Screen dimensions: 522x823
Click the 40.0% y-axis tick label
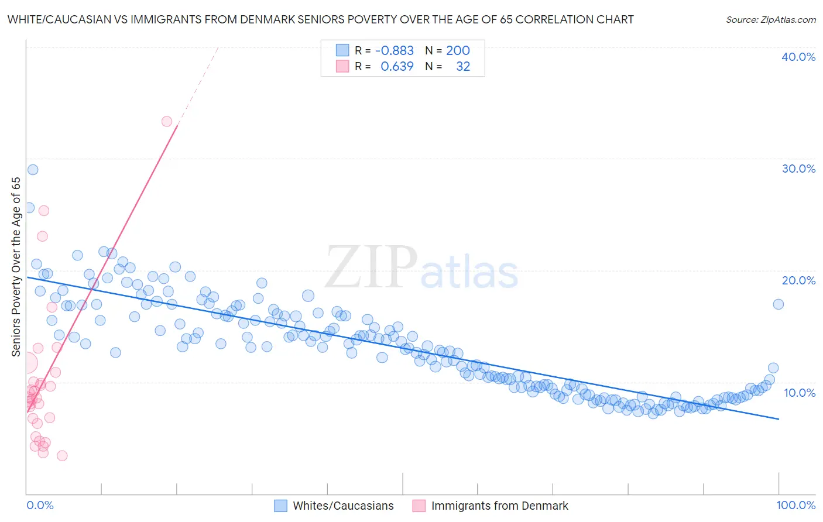[x=798, y=57]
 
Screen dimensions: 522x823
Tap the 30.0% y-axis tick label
[x=798, y=169]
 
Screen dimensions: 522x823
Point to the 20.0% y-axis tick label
[x=798, y=280]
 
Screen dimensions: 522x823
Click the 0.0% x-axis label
[x=40, y=505]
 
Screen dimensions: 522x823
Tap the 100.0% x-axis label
[x=795, y=505]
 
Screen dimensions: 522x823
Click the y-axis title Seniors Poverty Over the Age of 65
[x=16, y=266]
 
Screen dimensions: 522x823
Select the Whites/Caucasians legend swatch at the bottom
[x=281, y=506]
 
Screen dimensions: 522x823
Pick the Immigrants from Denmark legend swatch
[x=419, y=506]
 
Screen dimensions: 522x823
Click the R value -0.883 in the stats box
[x=394, y=51]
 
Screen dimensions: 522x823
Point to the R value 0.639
[x=397, y=67]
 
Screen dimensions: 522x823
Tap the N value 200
[x=458, y=51]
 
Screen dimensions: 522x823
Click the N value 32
[x=463, y=67]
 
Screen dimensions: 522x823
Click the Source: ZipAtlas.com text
[x=770, y=19]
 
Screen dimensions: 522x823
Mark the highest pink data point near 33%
[x=167, y=122]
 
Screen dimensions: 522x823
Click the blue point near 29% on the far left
[x=33, y=170]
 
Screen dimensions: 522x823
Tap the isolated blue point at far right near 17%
[x=778, y=304]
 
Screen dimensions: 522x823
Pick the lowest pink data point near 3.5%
[x=62, y=455]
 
